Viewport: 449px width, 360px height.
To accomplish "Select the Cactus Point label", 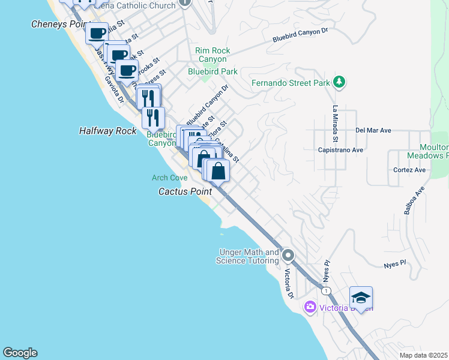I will [x=183, y=191].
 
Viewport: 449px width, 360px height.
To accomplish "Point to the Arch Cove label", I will [x=169, y=178].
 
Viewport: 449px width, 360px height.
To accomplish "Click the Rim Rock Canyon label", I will [x=211, y=55].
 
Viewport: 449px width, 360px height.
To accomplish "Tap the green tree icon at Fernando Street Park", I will [x=339, y=82].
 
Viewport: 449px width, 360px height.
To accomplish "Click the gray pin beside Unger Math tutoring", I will [x=288, y=256].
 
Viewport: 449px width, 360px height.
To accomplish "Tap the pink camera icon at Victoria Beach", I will [x=310, y=307].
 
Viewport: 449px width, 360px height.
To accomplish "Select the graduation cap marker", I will [x=361, y=298].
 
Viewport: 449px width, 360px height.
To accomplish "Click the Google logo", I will [x=20, y=353].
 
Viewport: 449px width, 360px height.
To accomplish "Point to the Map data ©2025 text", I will [x=423, y=355].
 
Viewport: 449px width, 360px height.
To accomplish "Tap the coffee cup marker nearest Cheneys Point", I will [x=97, y=33].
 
